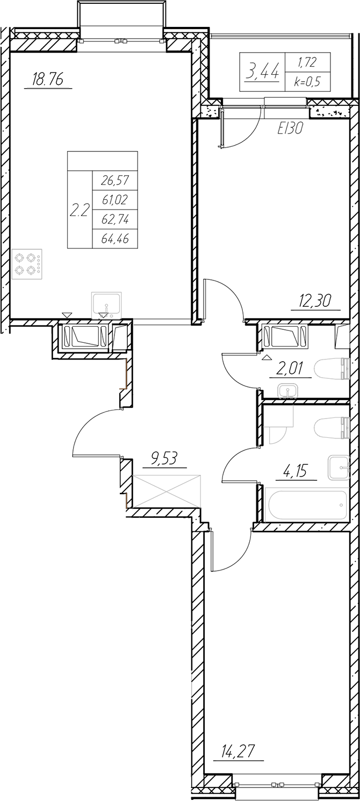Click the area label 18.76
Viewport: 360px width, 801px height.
[47, 79]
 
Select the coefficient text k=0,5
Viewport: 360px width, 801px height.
[307, 82]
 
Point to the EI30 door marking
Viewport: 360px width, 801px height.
[290, 128]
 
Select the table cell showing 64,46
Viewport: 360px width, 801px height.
[115, 239]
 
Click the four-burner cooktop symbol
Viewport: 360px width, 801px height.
[27, 264]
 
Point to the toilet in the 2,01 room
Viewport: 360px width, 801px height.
[332, 369]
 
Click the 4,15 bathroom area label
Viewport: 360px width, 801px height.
[296, 471]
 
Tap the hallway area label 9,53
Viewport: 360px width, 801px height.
[164, 459]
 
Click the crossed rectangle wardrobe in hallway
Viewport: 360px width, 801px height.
[166, 492]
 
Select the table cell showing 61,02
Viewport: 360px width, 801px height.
[115, 200]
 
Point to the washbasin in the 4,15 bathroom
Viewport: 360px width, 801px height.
[339, 467]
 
